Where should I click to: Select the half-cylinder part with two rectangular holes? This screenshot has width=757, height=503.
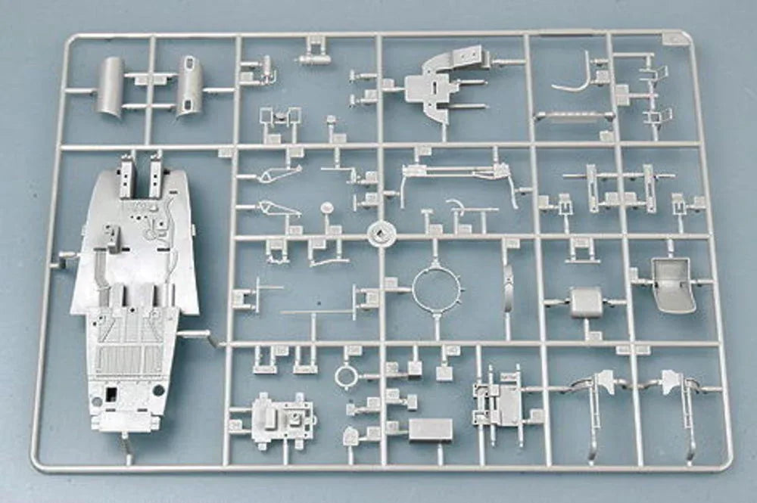point(189,85)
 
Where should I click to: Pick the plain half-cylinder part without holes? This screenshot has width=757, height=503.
point(111,86)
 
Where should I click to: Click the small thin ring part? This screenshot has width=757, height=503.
point(346,374)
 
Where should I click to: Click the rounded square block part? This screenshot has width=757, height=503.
point(587,302)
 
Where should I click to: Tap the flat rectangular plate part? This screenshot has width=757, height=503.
point(430,430)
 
